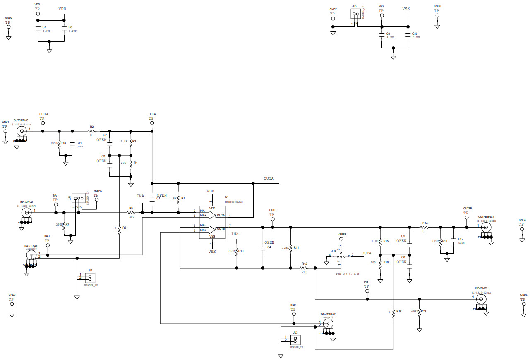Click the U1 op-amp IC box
tap(212, 222)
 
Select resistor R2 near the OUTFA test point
tap(92, 131)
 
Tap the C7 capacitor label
tap(44, 26)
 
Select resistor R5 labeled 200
tap(132, 213)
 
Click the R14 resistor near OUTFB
tap(424, 227)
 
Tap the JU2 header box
tap(90, 277)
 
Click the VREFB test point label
tap(342, 235)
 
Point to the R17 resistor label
tap(399, 311)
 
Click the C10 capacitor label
tap(415, 33)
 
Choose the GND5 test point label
tap(524, 295)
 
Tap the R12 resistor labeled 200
tap(304, 268)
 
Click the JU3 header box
tap(295, 340)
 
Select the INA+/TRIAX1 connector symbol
tap(31, 254)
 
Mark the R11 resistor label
tap(296, 247)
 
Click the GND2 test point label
tap(9, 18)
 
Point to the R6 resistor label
tap(124, 228)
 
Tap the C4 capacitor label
tap(269, 247)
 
